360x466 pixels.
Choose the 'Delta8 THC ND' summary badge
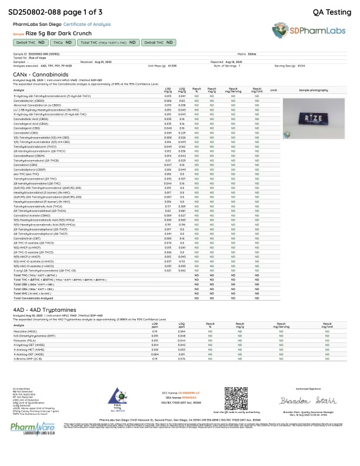(160, 43)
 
